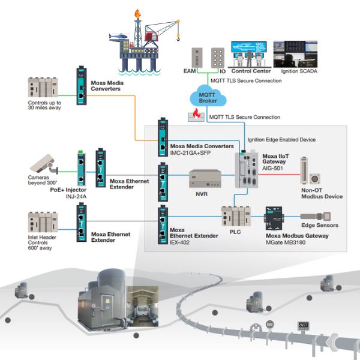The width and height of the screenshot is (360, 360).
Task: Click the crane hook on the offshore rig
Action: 178,37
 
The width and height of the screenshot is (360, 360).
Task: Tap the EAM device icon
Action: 193,59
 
